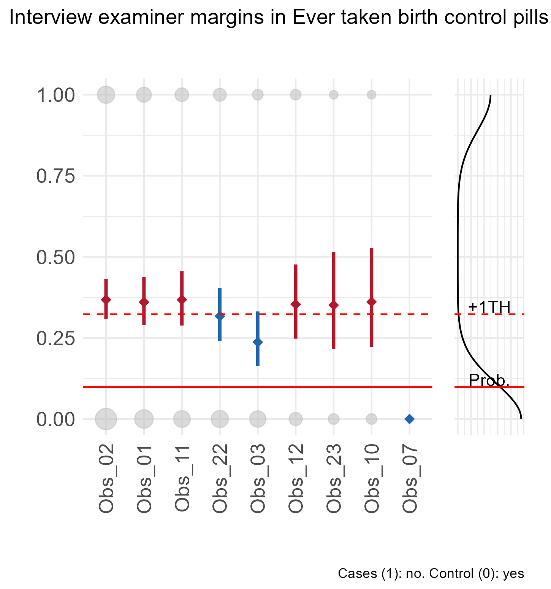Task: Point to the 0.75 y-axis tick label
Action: (55, 176)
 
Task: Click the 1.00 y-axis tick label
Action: (55, 95)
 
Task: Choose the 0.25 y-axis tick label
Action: (55, 338)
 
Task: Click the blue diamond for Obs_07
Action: (409, 419)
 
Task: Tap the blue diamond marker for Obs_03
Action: (258, 342)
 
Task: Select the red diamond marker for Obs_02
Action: (106, 300)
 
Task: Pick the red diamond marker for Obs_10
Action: (372, 302)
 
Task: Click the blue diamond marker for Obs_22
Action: (220, 316)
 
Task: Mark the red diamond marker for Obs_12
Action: (296, 304)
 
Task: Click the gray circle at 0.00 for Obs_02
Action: (106, 419)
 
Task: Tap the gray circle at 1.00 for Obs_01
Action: (144, 94)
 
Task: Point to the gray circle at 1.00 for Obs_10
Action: (372, 94)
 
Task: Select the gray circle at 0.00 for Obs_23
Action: (334, 419)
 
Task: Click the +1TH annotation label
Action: (489, 307)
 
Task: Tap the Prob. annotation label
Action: (489, 380)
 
